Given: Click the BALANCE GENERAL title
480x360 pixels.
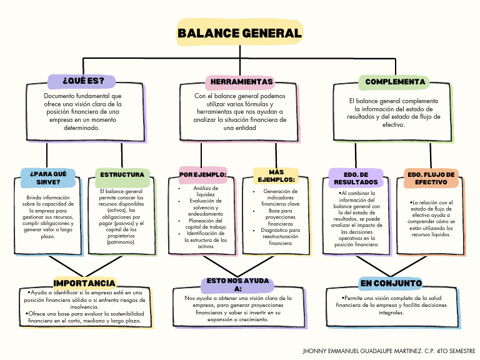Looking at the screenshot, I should tap(239, 33).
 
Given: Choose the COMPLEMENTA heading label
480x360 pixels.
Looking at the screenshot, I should tap(395, 82).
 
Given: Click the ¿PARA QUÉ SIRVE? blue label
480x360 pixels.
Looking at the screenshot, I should tap(47, 178).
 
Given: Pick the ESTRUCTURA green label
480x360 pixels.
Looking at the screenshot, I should tap(122, 174).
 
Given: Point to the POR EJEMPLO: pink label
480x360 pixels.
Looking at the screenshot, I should tap(202, 174).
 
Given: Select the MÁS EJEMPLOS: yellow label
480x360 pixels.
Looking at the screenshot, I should tap(276, 176).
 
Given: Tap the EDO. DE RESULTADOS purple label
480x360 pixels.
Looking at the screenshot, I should tap(356, 178).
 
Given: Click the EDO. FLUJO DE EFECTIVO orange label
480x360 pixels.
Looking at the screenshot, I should tap(431, 179).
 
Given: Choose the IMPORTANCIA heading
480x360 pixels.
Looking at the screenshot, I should tap(85, 284).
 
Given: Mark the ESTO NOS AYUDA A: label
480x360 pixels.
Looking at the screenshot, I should tap(237, 285).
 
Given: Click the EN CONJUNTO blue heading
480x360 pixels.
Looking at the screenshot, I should tap(391, 284).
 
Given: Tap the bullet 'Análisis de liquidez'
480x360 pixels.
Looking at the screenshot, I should tap(206, 191).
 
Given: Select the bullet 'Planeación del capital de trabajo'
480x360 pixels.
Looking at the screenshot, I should tap(206, 224).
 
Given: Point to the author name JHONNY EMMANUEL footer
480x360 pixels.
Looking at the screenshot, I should tap(389, 351).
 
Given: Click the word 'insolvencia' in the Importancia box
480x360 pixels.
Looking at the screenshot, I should tap(85, 307).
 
